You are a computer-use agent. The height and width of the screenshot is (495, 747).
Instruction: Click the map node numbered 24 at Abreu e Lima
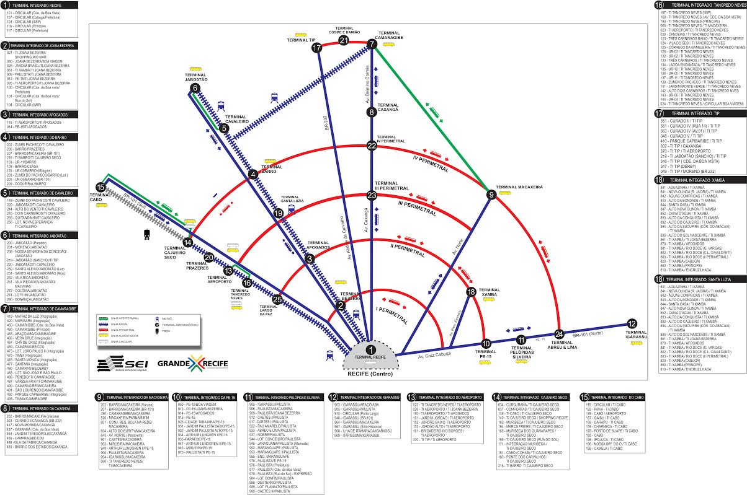click(x=559, y=335)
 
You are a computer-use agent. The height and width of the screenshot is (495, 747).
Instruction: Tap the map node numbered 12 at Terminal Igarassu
click(x=632, y=323)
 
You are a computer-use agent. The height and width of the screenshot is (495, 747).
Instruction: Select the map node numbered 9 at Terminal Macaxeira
click(x=491, y=195)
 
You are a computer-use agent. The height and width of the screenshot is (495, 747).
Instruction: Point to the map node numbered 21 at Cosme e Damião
click(x=344, y=41)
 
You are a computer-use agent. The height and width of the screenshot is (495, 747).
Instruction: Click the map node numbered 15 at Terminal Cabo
click(x=101, y=187)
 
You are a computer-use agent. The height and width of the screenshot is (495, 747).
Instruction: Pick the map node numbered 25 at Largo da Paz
click(x=277, y=300)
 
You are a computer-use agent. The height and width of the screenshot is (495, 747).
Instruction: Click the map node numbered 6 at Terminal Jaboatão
click(x=195, y=89)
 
